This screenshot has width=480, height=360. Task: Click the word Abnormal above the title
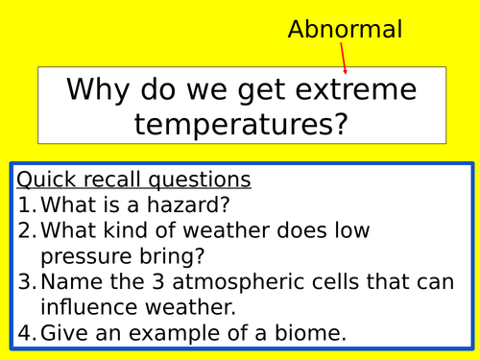345,29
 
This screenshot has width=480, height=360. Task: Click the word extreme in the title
347,90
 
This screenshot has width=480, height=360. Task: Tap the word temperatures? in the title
241,122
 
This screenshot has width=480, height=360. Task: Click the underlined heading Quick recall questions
133,180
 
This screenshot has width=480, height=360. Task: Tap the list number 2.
27,230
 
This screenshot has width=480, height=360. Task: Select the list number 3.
27,282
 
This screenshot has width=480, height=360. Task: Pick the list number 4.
27,333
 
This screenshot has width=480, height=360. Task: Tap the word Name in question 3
72,282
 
